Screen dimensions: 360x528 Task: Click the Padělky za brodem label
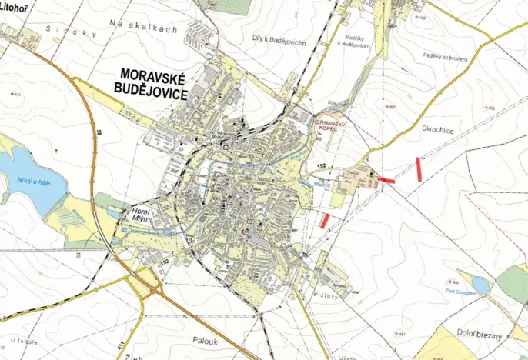[446, 55]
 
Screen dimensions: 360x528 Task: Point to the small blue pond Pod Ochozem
[481, 285]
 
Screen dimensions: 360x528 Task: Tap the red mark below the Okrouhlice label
[419, 168]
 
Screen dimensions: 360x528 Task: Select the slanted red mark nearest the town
[325, 221]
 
